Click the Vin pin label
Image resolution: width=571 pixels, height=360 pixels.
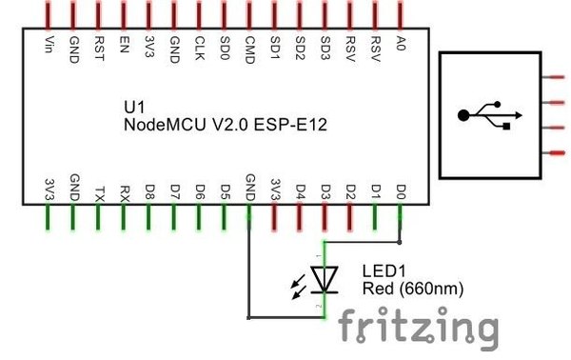(49, 45)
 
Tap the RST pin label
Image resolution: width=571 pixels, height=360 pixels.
(99, 49)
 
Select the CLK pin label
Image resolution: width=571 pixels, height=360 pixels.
(200, 48)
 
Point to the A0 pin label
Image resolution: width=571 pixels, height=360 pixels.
(401, 43)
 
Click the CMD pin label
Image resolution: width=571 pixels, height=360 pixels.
(249, 50)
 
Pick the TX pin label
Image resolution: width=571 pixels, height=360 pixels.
(99, 194)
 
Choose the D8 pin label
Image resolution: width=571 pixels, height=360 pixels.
(149, 192)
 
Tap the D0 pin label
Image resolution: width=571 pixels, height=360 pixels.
(401, 192)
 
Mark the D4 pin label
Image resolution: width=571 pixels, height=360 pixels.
(300, 192)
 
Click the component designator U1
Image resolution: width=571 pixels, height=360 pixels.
(134, 107)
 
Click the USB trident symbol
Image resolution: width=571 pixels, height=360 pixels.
(490, 115)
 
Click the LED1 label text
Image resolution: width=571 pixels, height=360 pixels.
(384, 271)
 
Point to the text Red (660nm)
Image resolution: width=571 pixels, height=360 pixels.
(413, 289)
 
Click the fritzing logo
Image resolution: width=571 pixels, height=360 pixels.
(418, 328)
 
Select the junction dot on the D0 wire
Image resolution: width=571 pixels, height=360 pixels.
(400, 242)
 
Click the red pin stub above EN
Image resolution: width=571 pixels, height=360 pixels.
(124, 14)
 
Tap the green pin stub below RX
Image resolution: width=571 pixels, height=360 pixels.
(124, 217)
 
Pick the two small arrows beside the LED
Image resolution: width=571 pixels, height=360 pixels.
(299, 287)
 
